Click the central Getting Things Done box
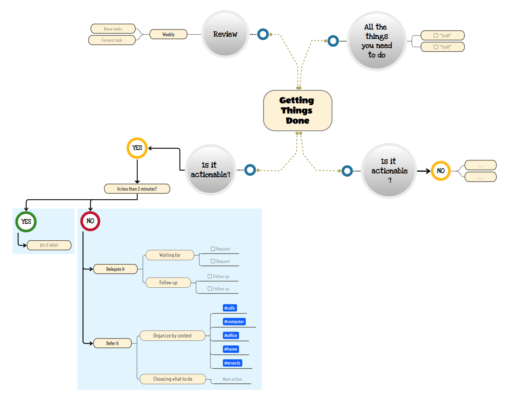297,110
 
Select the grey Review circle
225,34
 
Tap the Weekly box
168,34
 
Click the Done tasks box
113,29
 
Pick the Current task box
112,40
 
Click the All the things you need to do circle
376,41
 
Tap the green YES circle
26,221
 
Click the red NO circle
90,221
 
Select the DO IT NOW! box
49,245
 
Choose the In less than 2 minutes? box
137,189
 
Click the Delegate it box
115,269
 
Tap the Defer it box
113,343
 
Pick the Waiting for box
170,255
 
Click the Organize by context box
172,336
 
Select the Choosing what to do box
172,379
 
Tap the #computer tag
234,322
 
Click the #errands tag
232,363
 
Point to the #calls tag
230,308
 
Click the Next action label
232,379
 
